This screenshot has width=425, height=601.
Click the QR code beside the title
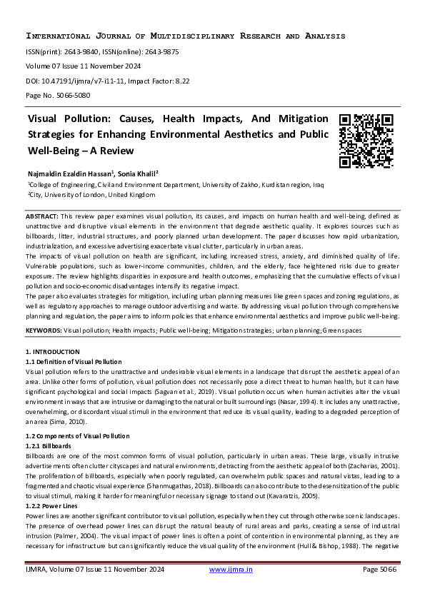366,140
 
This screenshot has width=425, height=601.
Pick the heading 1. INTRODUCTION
53,352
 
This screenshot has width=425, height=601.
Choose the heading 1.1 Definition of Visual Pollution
74,362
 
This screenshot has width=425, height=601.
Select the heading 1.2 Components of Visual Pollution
78,435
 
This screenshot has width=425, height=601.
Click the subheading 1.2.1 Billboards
49,445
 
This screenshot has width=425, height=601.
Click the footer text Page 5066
379,569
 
